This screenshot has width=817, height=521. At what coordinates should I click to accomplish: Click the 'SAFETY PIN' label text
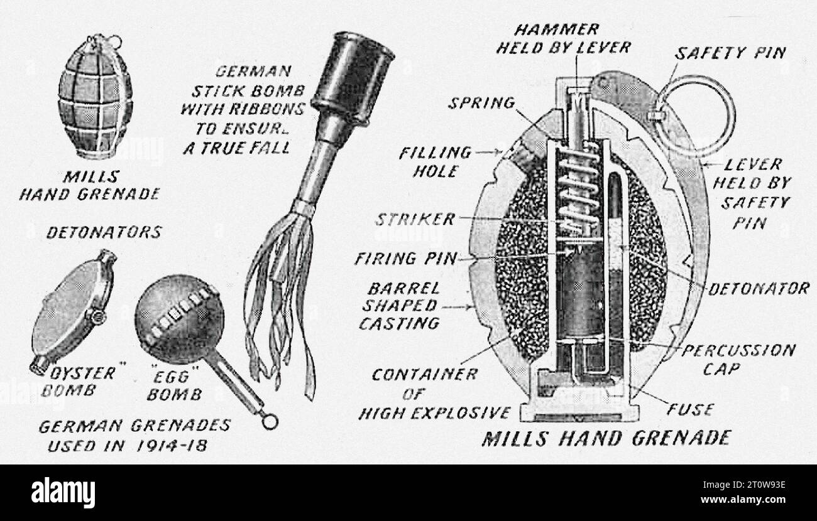(730, 53)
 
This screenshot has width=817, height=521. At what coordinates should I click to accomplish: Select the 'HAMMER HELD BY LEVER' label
(563, 39)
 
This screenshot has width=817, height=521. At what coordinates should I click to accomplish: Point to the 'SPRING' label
(481, 103)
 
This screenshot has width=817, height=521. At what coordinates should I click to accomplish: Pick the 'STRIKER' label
(414, 220)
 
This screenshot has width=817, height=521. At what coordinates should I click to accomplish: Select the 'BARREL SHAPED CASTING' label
(399, 306)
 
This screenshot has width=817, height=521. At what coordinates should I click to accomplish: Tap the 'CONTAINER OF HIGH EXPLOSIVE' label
(434, 394)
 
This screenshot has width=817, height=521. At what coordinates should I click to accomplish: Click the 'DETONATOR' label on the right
(758, 289)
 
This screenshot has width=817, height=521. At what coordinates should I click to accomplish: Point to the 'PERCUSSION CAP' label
(738, 358)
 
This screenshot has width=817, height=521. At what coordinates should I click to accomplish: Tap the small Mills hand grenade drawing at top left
(95, 97)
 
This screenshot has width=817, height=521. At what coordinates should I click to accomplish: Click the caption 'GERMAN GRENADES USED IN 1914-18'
(134, 434)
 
